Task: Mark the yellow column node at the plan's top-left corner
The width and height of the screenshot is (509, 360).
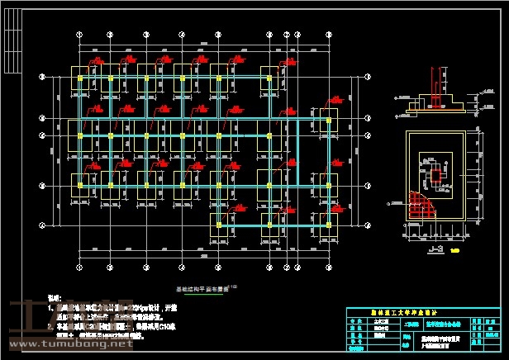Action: pos(79,78)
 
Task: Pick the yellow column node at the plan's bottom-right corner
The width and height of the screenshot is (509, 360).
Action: pos(329,224)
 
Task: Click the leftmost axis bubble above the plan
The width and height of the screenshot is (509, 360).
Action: pos(79,34)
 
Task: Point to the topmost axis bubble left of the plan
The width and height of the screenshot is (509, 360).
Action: pos(42,77)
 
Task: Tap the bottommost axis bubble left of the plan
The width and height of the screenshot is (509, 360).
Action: pos(42,225)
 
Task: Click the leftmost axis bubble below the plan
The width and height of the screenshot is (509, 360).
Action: pos(79,268)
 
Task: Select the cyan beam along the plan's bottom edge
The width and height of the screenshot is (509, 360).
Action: pos(273,224)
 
